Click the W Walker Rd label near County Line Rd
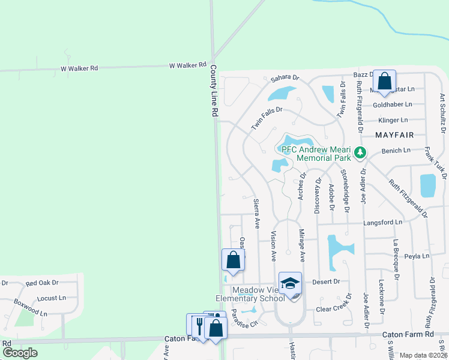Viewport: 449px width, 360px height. click(187, 65)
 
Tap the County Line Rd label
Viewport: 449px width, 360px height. click(214, 92)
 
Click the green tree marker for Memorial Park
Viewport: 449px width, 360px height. click(360, 152)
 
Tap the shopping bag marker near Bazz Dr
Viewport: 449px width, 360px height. click(384, 81)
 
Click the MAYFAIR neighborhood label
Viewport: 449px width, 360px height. click(395, 135)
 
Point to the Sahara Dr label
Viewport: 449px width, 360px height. click(285, 78)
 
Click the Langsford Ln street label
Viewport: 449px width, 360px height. click(382, 222)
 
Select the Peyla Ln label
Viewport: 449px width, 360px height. click(417, 256)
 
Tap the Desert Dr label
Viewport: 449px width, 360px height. click(327, 281)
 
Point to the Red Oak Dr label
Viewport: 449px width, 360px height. click(41, 283)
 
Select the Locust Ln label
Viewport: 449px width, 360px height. click(51, 298)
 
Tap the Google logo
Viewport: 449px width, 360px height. click(20, 353)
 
